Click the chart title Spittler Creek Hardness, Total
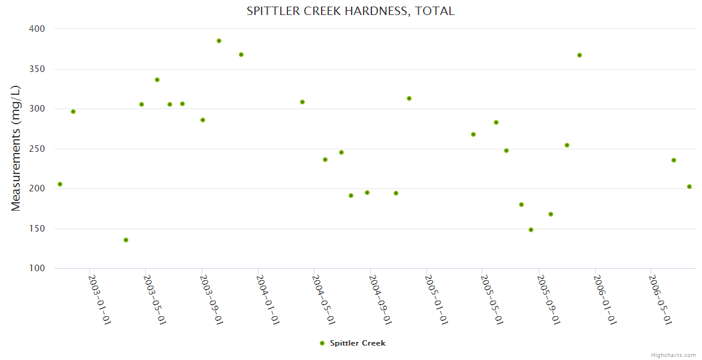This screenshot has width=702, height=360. (x=350, y=11)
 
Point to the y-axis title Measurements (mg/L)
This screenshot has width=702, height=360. (x=16, y=148)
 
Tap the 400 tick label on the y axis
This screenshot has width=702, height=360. (x=37, y=29)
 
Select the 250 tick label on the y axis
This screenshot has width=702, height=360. (x=37, y=149)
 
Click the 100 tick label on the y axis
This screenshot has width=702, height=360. (x=37, y=268)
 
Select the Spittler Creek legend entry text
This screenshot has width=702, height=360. (x=358, y=343)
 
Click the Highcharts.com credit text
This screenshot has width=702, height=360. (x=673, y=355)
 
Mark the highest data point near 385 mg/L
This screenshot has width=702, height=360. (x=219, y=41)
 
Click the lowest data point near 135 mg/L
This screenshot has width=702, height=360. (x=126, y=240)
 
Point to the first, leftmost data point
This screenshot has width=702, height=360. (x=60, y=184)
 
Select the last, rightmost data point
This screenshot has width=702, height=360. (x=689, y=187)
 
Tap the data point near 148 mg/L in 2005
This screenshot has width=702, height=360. (x=531, y=230)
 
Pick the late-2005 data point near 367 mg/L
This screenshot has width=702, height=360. (x=580, y=55)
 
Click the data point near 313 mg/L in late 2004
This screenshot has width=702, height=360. (x=409, y=98)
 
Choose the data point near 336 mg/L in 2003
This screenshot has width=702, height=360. (x=157, y=80)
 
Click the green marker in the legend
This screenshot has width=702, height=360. (x=322, y=343)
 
